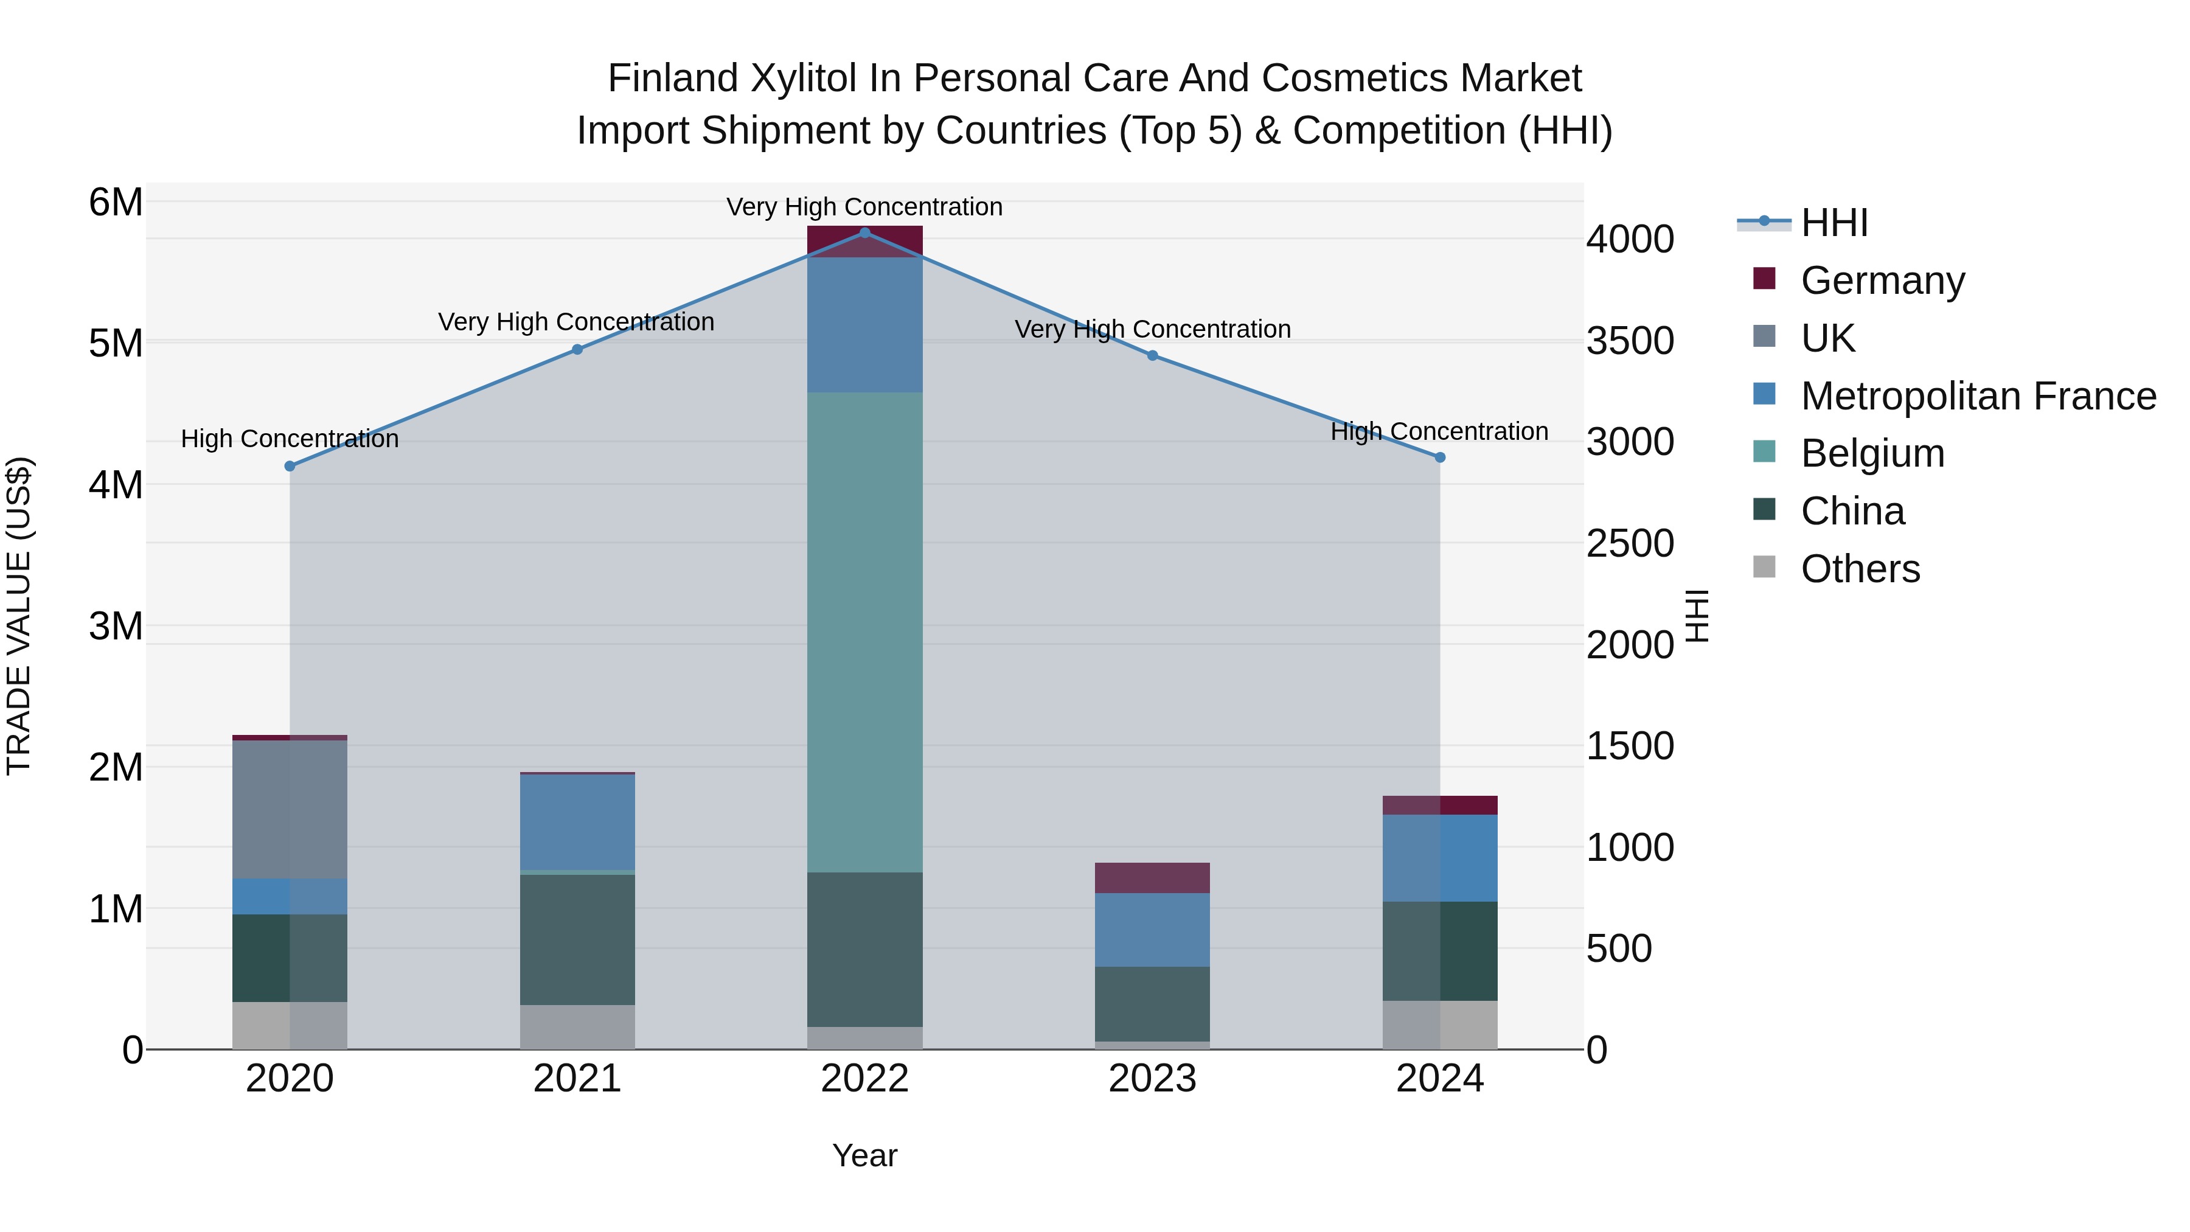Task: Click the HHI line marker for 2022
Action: [864, 233]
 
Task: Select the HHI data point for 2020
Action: [290, 466]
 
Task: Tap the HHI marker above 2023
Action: [1153, 355]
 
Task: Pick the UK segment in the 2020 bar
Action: [290, 809]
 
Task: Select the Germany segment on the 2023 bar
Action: [1152, 877]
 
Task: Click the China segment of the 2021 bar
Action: [577, 939]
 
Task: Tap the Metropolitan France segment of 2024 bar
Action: [1439, 858]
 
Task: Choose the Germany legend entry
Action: [1882, 280]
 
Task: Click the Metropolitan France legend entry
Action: [1978, 396]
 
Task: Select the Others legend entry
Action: [1860, 569]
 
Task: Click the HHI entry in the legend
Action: [1834, 223]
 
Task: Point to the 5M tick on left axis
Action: [116, 344]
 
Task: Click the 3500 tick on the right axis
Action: [1630, 341]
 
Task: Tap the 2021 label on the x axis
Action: [577, 1079]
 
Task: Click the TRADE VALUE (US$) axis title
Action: [19, 616]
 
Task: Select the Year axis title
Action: [864, 1155]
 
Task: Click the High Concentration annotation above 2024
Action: [1439, 431]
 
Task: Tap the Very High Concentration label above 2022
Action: [864, 207]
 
